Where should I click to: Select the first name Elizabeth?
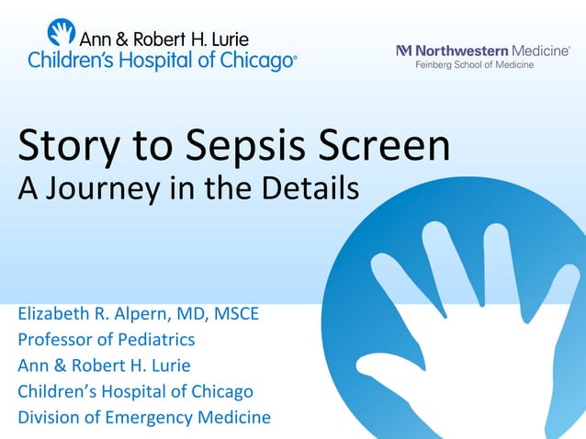point(56,315)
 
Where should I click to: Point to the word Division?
point(50,417)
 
